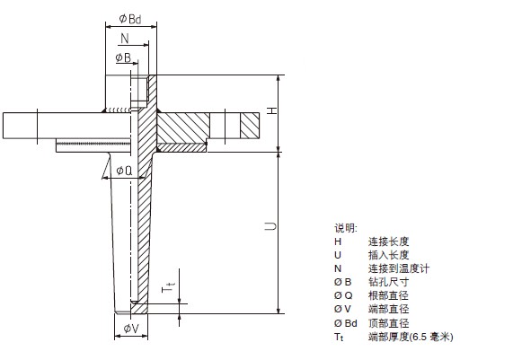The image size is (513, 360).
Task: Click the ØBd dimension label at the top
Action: coord(130,19)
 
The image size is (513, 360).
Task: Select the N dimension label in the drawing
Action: coord(125,39)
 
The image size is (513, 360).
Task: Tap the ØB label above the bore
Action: coord(123,57)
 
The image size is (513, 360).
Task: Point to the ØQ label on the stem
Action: coord(124,171)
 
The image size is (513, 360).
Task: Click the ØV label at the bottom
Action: coord(131,329)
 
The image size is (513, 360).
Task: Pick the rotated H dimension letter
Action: coord(272,110)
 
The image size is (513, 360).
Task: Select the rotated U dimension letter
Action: coord(270,226)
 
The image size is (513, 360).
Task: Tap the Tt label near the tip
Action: coord(169,288)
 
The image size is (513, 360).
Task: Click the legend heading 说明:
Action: coord(346,228)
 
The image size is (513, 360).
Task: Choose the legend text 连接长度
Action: coord(389,241)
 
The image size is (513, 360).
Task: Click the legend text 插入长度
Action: coord(389,255)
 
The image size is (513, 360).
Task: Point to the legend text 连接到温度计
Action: coord(399,268)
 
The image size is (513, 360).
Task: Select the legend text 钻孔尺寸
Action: coord(389,282)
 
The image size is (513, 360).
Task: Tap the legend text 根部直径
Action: coord(389,295)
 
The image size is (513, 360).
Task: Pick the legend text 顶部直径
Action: coord(389,323)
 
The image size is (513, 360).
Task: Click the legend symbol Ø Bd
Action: coord(346,323)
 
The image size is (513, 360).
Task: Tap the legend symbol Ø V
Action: coord(342,309)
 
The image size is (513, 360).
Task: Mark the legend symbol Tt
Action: coord(339,338)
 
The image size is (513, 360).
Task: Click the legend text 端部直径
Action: coord(389,309)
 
